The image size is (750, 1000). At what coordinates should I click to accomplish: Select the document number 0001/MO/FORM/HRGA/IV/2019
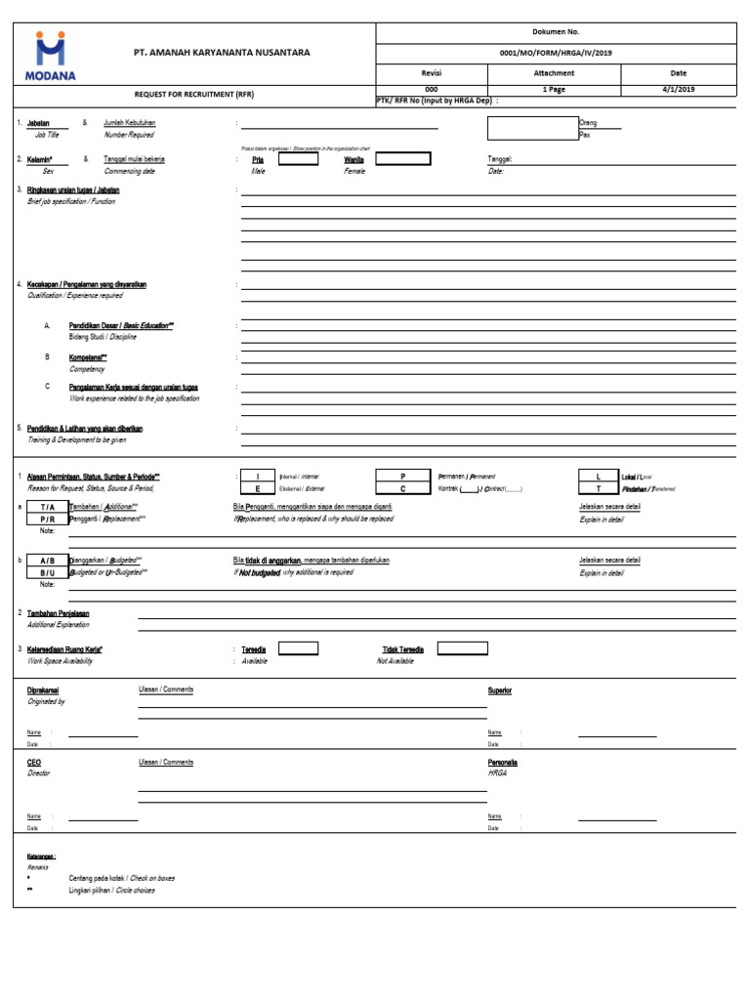pyautogui.click(x=556, y=54)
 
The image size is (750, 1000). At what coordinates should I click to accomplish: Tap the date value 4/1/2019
pyautogui.click(x=678, y=89)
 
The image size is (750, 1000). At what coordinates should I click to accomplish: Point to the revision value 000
pyautogui.click(x=432, y=89)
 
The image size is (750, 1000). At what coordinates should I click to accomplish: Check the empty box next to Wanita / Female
pyautogui.click(x=403, y=159)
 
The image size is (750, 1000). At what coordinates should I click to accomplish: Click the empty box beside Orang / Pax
pyautogui.click(x=532, y=128)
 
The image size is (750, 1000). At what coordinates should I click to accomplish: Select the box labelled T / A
pyautogui.click(x=48, y=508)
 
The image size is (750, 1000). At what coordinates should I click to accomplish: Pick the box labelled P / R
pyautogui.click(x=48, y=520)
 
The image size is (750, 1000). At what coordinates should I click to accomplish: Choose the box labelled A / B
pyautogui.click(x=48, y=561)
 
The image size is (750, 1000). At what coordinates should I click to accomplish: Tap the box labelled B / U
pyautogui.click(x=48, y=572)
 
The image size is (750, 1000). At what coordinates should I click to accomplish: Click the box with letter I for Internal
pyautogui.click(x=258, y=476)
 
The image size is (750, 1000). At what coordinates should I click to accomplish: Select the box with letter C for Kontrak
pyautogui.click(x=402, y=487)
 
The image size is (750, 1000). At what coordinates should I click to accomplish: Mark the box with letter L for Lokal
pyautogui.click(x=599, y=476)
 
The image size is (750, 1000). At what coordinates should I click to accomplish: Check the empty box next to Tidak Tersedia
pyautogui.click(x=463, y=647)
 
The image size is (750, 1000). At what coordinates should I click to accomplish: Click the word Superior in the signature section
pyautogui.click(x=500, y=690)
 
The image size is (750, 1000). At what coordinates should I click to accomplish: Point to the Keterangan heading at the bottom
pyautogui.click(x=41, y=855)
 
